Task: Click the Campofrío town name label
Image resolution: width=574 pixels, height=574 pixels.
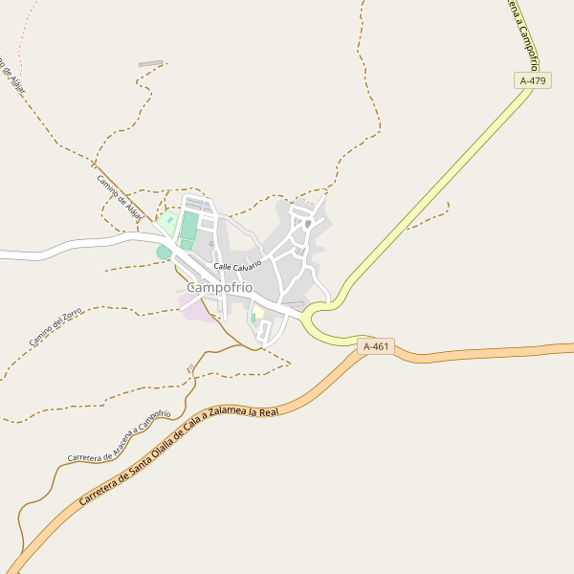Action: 220,287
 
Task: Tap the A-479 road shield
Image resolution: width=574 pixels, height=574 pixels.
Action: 532,81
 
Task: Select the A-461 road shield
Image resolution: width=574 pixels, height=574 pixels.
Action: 377,346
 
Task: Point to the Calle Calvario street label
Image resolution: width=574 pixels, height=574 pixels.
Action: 237,265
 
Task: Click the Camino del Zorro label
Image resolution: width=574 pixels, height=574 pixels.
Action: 55,327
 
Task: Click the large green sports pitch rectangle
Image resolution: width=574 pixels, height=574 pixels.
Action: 188,228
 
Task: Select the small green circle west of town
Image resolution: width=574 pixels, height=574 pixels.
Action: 164,253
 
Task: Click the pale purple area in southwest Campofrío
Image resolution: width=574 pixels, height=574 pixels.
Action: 195,307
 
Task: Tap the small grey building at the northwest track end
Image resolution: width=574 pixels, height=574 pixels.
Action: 151,64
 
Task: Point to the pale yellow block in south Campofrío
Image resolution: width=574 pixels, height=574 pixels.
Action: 257,313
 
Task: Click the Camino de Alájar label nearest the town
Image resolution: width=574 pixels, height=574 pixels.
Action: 119,197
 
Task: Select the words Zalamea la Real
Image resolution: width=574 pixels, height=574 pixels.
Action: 249,412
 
